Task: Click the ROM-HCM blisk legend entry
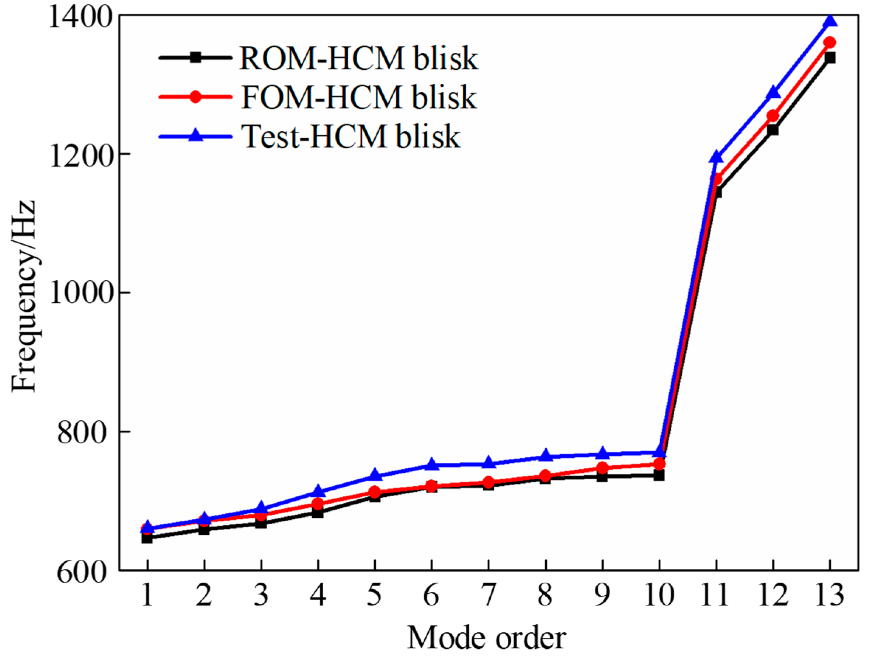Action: point(358,58)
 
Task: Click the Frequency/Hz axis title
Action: point(24,296)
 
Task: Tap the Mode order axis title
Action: point(486,638)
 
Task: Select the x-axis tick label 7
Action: point(488,595)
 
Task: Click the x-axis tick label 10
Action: point(659,595)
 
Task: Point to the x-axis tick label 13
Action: point(829,595)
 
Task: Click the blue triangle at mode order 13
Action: point(830,21)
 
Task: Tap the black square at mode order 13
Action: point(830,58)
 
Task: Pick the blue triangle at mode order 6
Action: point(432,464)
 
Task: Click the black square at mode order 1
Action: point(147,538)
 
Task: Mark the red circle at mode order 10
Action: point(659,464)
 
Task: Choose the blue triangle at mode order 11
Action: point(716,157)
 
